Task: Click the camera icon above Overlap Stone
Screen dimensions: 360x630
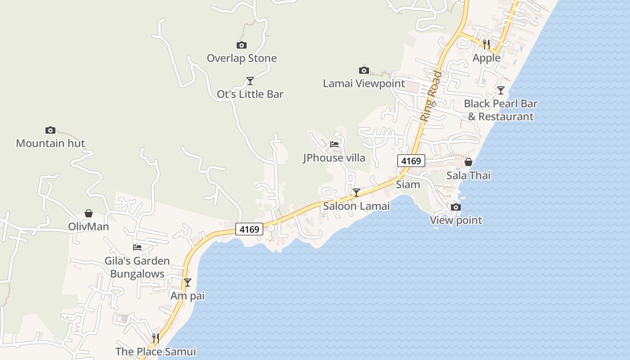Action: click(242, 45)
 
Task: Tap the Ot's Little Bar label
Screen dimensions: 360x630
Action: click(250, 94)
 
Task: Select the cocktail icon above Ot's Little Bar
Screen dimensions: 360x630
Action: click(250, 81)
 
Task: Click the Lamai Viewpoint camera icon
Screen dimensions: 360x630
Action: click(364, 70)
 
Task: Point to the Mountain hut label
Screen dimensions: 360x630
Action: click(50, 144)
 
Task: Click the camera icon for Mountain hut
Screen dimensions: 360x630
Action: click(50, 130)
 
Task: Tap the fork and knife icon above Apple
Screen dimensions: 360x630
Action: click(486, 44)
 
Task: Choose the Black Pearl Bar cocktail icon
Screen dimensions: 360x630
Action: click(501, 90)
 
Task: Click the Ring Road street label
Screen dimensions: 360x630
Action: click(431, 96)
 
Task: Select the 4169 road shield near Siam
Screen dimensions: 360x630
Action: click(411, 161)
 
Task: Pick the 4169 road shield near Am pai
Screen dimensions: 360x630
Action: click(249, 229)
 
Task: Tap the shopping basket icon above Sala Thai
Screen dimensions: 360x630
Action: click(468, 162)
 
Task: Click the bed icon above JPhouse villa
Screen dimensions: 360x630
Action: click(334, 144)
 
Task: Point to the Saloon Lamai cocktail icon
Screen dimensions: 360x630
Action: click(356, 193)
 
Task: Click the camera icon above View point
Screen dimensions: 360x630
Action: click(456, 207)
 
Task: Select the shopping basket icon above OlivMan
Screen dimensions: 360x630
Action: click(89, 213)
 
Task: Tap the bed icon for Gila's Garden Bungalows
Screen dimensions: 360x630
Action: click(137, 247)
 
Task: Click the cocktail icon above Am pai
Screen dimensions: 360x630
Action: click(188, 283)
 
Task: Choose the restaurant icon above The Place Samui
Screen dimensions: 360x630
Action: click(156, 338)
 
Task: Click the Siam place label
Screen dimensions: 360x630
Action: click(408, 184)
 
